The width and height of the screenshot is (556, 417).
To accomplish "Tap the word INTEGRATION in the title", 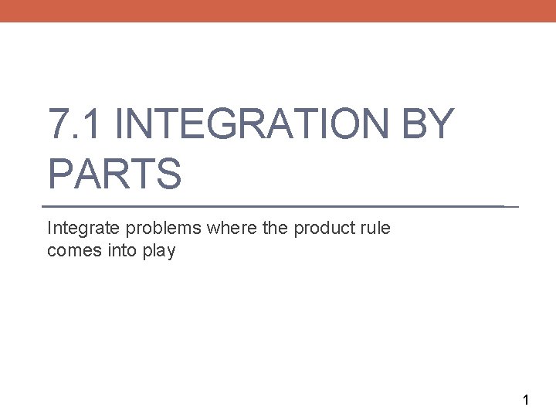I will [x=259, y=125].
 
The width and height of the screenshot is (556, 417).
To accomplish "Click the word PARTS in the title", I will [x=114, y=173].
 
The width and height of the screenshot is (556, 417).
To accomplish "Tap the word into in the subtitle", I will [x=117, y=251].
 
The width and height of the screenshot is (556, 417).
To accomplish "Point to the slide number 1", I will [x=526, y=400].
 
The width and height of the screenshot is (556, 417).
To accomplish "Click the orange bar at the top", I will [x=278, y=11].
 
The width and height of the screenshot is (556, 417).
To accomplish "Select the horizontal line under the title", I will [x=278, y=207].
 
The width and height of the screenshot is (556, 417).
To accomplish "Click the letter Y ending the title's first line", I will [x=439, y=125].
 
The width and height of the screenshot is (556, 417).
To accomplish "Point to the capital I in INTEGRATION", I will [x=127, y=125].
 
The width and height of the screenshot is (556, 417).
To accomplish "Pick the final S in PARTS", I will [x=169, y=173].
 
